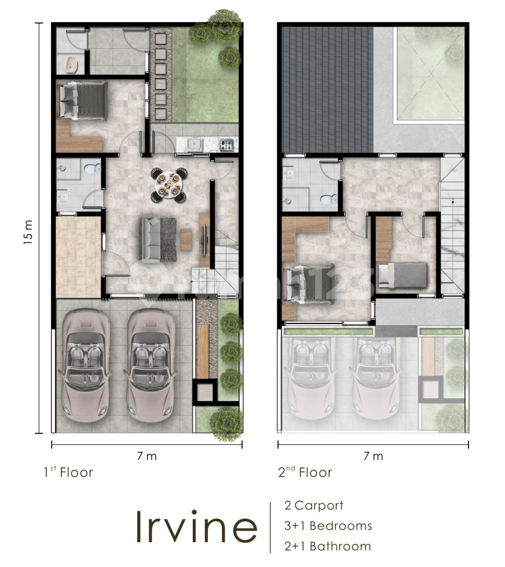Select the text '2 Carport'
click(x=313, y=505)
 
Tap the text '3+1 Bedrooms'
click(x=328, y=525)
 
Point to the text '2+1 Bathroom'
click(x=327, y=546)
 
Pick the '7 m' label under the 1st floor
click(x=147, y=456)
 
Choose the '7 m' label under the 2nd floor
click(x=373, y=456)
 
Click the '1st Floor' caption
click(x=68, y=472)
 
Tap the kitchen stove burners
click(x=226, y=145)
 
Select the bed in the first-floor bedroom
click(x=82, y=100)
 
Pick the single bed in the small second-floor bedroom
click(x=402, y=274)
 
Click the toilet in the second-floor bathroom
click(x=328, y=200)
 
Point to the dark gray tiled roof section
click(x=327, y=87)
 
